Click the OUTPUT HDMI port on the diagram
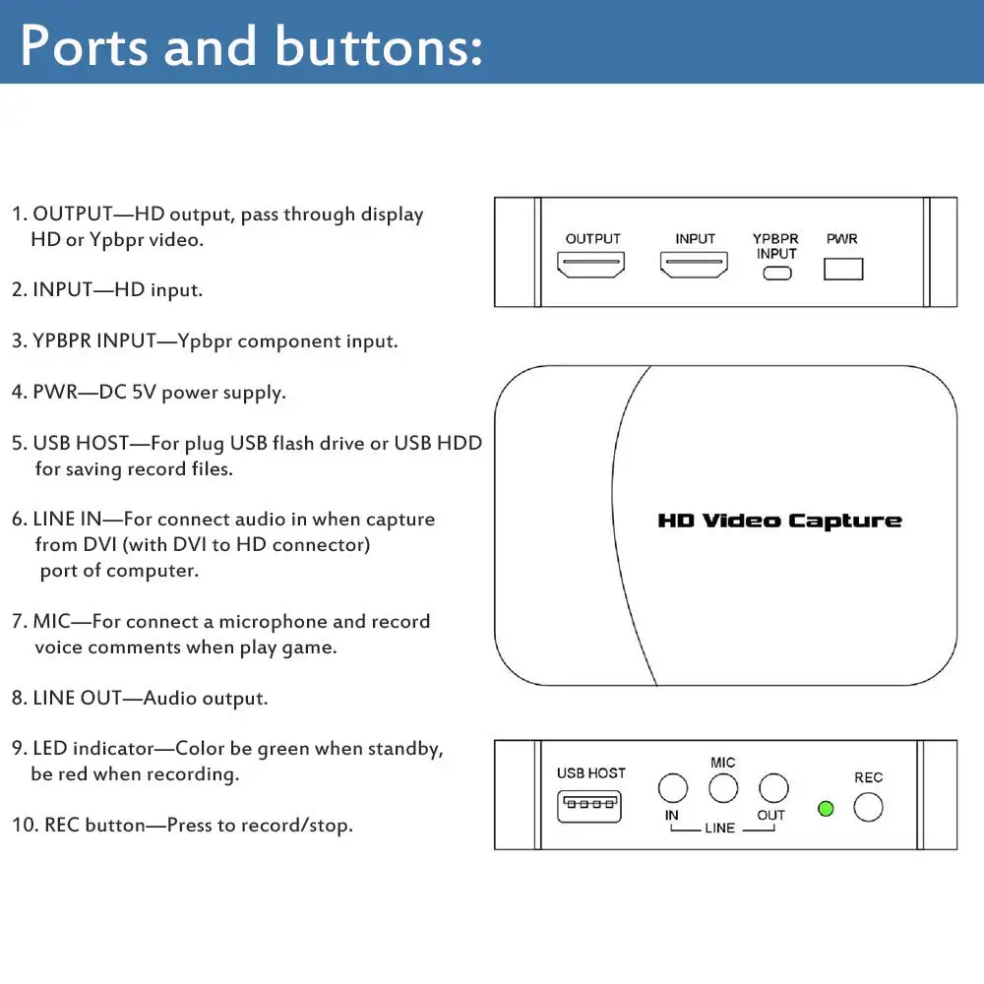(x=590, y=265)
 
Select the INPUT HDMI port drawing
(x=694, y=265)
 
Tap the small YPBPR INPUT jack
(x=776, y=272)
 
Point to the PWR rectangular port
(x=842, y=268)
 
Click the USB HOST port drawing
(x=590, y=807)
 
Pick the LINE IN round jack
(x=672, y=788)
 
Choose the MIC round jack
(x=723, y=788)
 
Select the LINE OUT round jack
(x=773, y=788)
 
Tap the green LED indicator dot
(x=826, y=809)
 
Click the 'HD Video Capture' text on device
(x=779, y=521)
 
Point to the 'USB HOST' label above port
(x=590, y=773)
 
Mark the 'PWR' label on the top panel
(x=841, y=239)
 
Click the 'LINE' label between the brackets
(x=719, y=829)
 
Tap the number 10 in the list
(x=24, y=825)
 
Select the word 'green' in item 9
(x=284, y=749)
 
